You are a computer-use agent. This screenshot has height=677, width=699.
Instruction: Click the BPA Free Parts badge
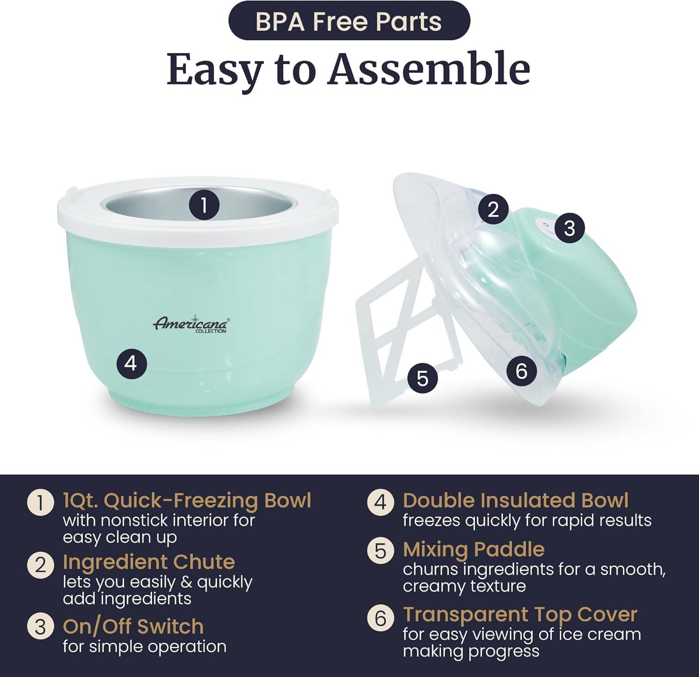(349, 22)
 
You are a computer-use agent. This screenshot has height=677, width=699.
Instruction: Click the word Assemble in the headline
(429, 70)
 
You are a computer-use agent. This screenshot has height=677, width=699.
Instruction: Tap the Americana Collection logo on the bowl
(191, 324)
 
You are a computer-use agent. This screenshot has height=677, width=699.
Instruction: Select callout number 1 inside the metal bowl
(204, 205)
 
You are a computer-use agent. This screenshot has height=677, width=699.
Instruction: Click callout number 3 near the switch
(569, 228)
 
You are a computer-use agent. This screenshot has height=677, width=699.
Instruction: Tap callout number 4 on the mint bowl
(131, 363)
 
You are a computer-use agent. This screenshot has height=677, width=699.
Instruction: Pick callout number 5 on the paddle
(422, 378)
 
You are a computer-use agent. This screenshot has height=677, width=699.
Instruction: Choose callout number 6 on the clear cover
(521, 371)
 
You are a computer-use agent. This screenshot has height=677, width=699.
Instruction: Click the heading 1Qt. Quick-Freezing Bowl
(187, 501)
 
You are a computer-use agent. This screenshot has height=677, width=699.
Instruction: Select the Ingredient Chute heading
(149, 562)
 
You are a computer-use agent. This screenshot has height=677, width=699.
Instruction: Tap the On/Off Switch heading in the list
(133, 627)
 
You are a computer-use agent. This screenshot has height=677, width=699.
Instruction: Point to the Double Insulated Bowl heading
(515, 500)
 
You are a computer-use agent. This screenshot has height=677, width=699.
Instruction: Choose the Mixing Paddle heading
(473, 550)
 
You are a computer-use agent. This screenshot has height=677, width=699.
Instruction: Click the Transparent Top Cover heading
(520, 615)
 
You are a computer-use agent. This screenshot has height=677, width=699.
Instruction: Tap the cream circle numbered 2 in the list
(41, 565)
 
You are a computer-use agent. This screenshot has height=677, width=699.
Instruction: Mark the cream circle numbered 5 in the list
(381, 551)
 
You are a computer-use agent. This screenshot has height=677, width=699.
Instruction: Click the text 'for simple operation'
(144, 647)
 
